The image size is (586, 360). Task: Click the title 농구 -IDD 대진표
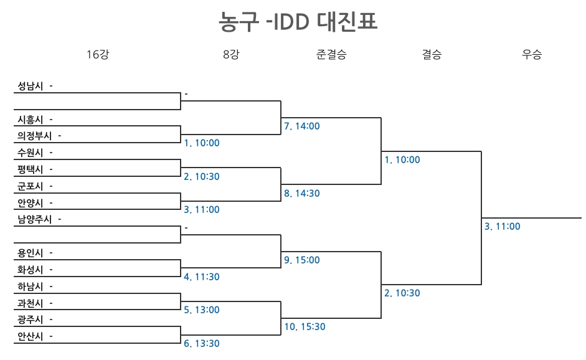click(298, 22)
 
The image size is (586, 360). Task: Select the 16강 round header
click(97, 54)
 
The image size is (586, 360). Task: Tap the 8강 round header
click(230, 54)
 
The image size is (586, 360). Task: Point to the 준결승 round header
click(331, 54)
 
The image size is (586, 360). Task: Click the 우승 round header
click(532, 54)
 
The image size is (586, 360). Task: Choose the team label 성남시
click(31, 86)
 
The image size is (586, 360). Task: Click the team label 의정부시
click(35, 136)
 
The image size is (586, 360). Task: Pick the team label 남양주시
click(35, 219)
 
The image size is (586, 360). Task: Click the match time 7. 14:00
click(302, 126)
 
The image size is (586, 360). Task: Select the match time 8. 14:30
click(302, 194)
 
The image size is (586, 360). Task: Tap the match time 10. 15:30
click(305, 327)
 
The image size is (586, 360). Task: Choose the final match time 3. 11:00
click(503, 227)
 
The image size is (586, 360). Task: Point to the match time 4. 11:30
click(202, 277)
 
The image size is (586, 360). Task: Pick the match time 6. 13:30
click(202, 344)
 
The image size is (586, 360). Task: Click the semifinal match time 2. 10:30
click(402, 293)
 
